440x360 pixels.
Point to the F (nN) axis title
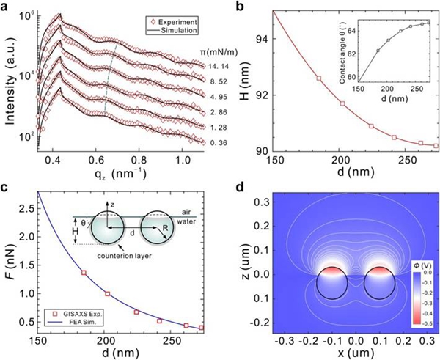coord(10,266)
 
